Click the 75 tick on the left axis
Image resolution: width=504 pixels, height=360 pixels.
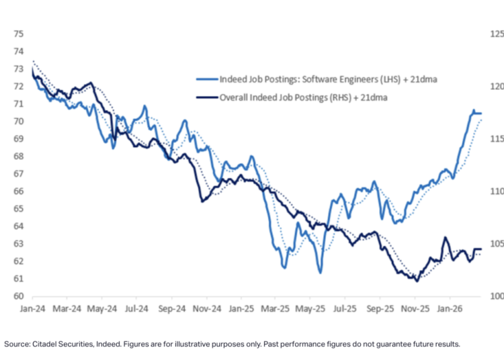pos(19,34)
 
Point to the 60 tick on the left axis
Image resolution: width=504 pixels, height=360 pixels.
pos(19,296)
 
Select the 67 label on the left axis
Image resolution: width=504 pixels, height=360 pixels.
pos(19,174)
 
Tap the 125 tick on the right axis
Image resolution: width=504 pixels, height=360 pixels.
pos(496,34)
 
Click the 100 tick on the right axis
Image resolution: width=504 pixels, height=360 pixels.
pos(496,296)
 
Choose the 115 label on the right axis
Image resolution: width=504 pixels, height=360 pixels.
pos(496,139)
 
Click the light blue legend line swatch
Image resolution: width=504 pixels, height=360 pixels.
pos(206,81)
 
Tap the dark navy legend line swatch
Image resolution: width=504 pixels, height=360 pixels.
pos(206,97)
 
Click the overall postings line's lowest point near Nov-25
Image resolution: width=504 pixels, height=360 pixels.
pos(417,281)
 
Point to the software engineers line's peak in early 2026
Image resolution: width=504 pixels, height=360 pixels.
pos(473,110)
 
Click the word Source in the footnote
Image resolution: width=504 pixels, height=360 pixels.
pos(15,344)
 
